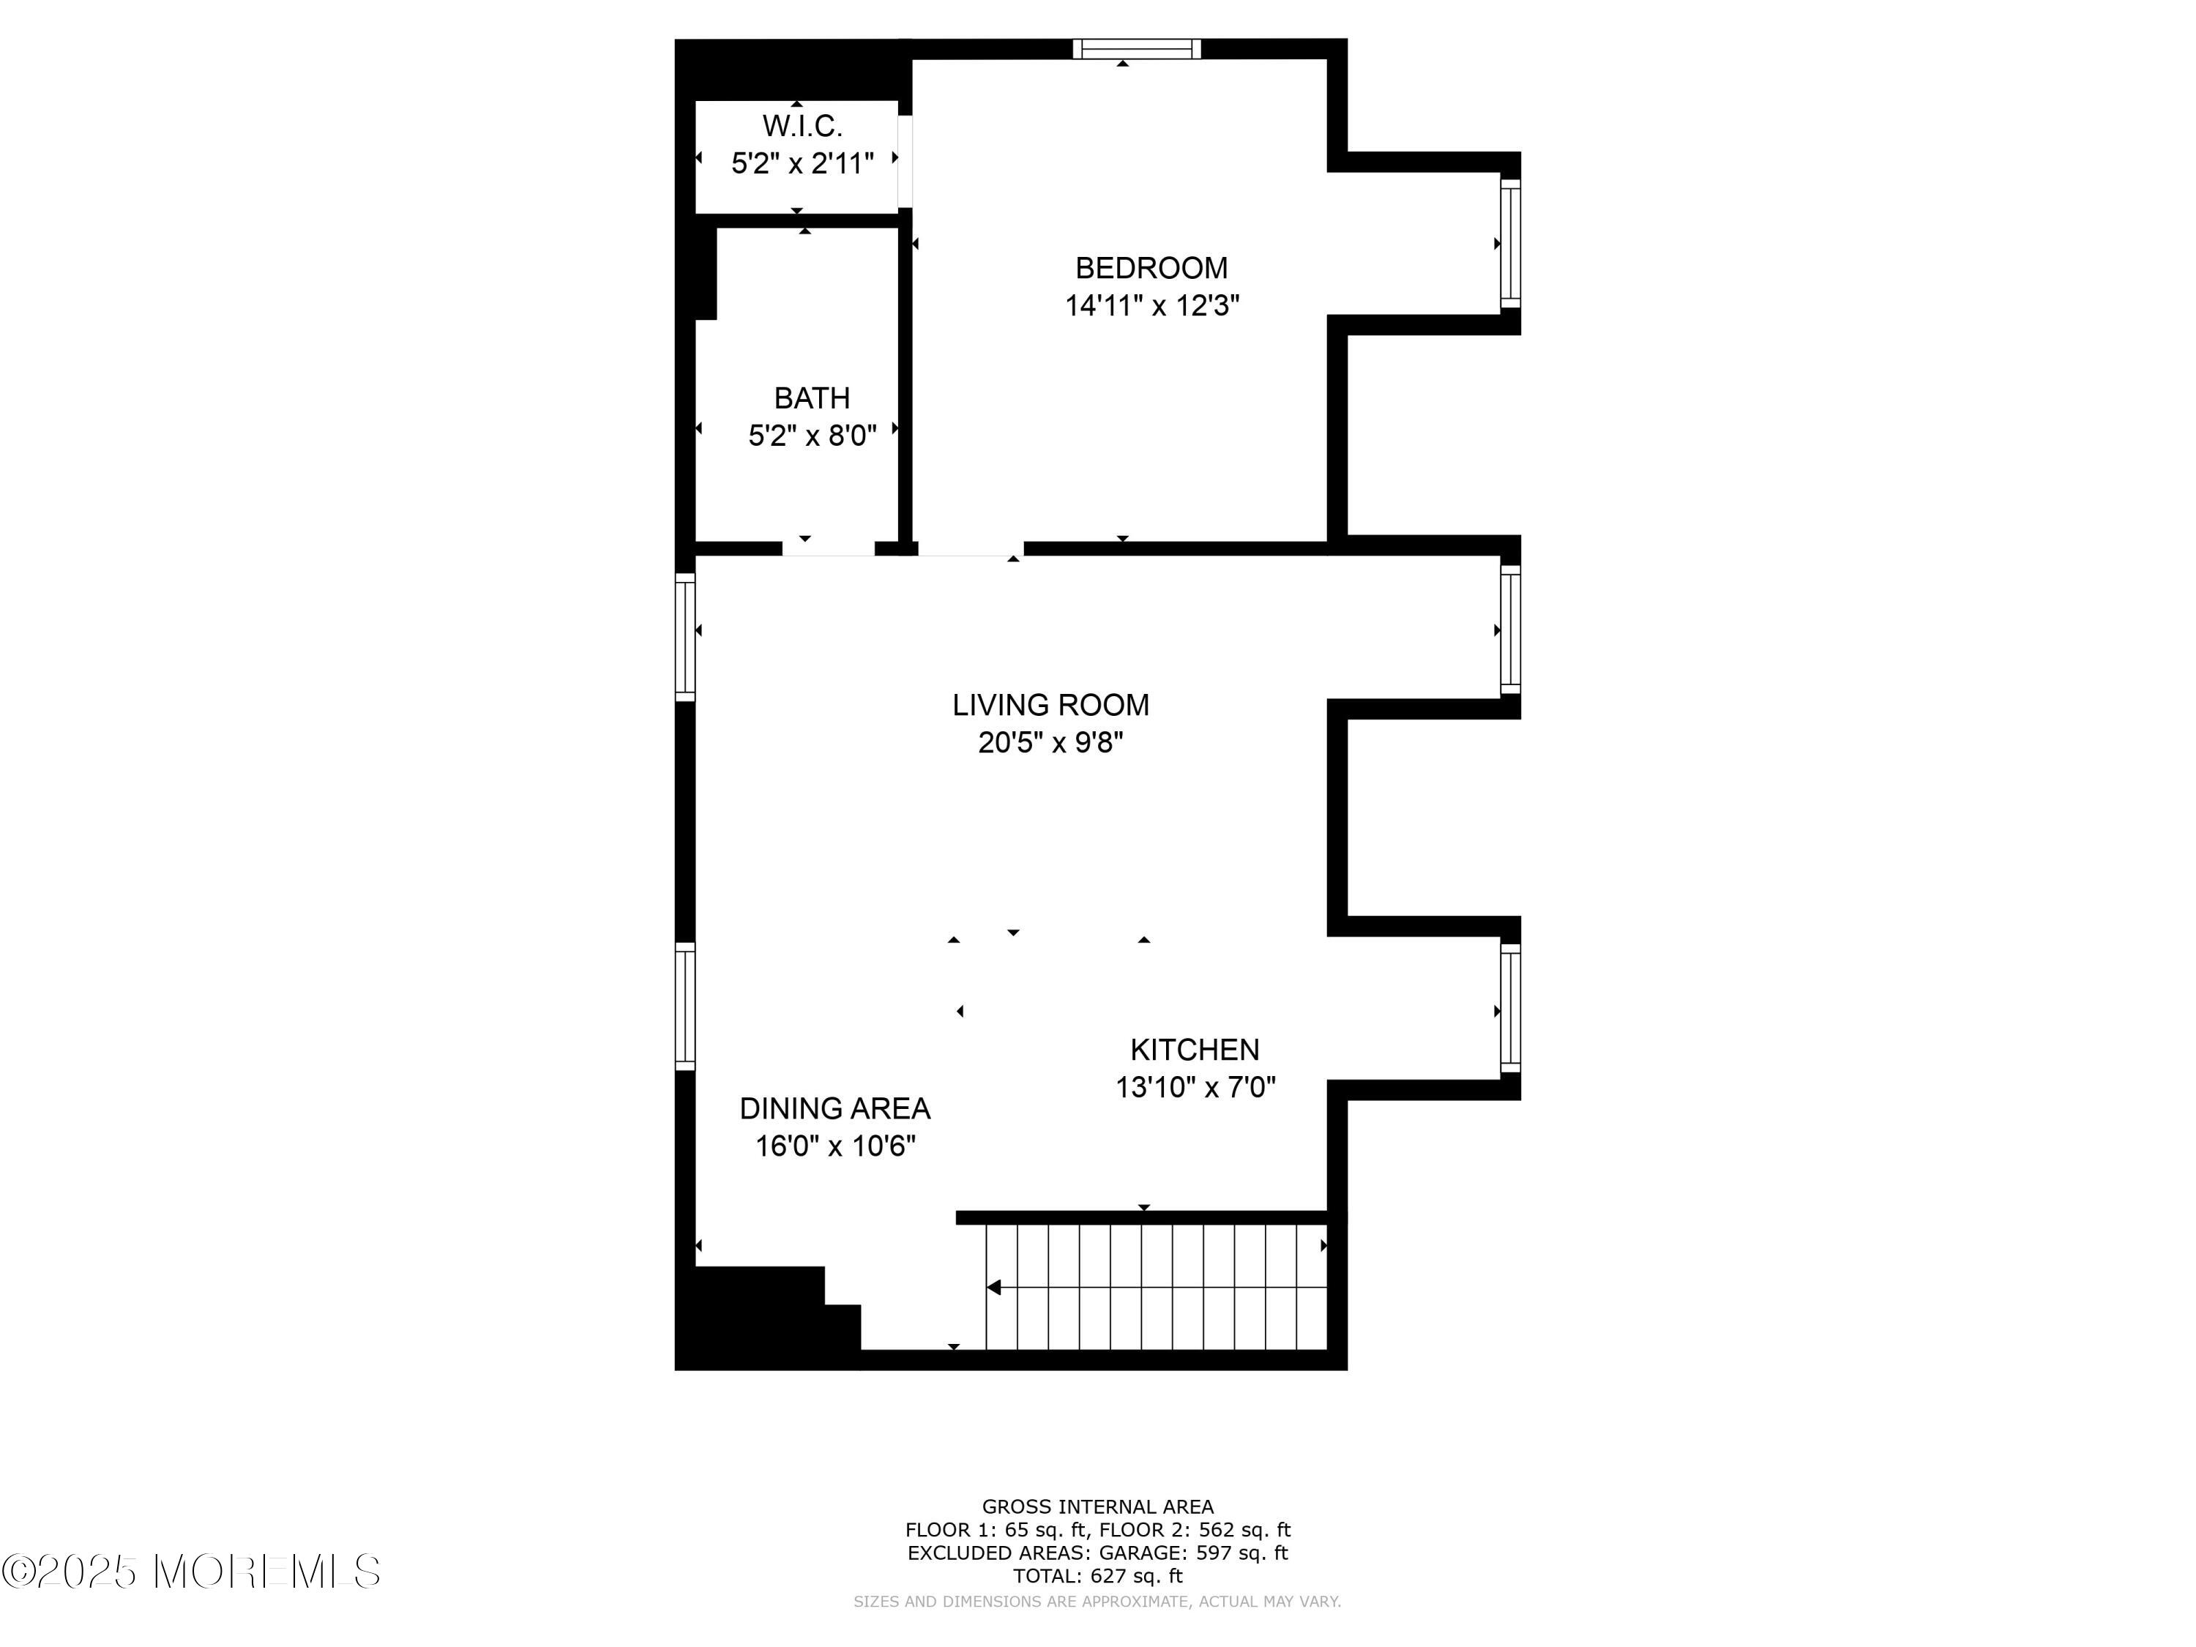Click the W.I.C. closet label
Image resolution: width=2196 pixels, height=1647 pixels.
pos(802,126)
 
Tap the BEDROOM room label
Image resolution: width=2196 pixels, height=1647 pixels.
pos(1151,268)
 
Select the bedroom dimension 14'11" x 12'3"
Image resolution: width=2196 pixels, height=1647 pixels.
pos(1151,306)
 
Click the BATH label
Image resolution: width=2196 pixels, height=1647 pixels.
pos(812,398)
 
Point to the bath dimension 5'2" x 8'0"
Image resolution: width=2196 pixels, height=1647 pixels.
pos(812,436)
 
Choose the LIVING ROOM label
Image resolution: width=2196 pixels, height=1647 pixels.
pos(1050,705)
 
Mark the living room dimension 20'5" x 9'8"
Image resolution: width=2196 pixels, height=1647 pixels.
pos(1050,742)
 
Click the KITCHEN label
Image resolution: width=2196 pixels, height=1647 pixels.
pos(1195,1050)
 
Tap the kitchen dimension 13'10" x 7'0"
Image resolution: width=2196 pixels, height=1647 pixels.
pos(1195,1087)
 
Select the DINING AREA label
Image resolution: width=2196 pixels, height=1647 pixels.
pos(835,1108)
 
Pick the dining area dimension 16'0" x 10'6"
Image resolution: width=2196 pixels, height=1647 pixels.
pos(835,1146)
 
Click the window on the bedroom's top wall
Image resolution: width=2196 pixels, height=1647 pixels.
pos(1137,48)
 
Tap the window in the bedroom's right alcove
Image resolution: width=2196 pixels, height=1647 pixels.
pos(1510,243)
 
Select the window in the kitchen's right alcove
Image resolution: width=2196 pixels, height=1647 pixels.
pos(1510,1008)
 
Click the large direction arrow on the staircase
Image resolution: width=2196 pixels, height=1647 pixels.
pos(993,1288)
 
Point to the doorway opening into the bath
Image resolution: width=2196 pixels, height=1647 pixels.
pos(828,548)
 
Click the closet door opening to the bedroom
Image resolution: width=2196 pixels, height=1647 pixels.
pos(905,162)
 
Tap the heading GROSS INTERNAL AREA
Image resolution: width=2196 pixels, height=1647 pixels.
pos(1097,1507)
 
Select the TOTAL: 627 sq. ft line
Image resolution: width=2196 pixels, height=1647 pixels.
pos(1097,1575)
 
